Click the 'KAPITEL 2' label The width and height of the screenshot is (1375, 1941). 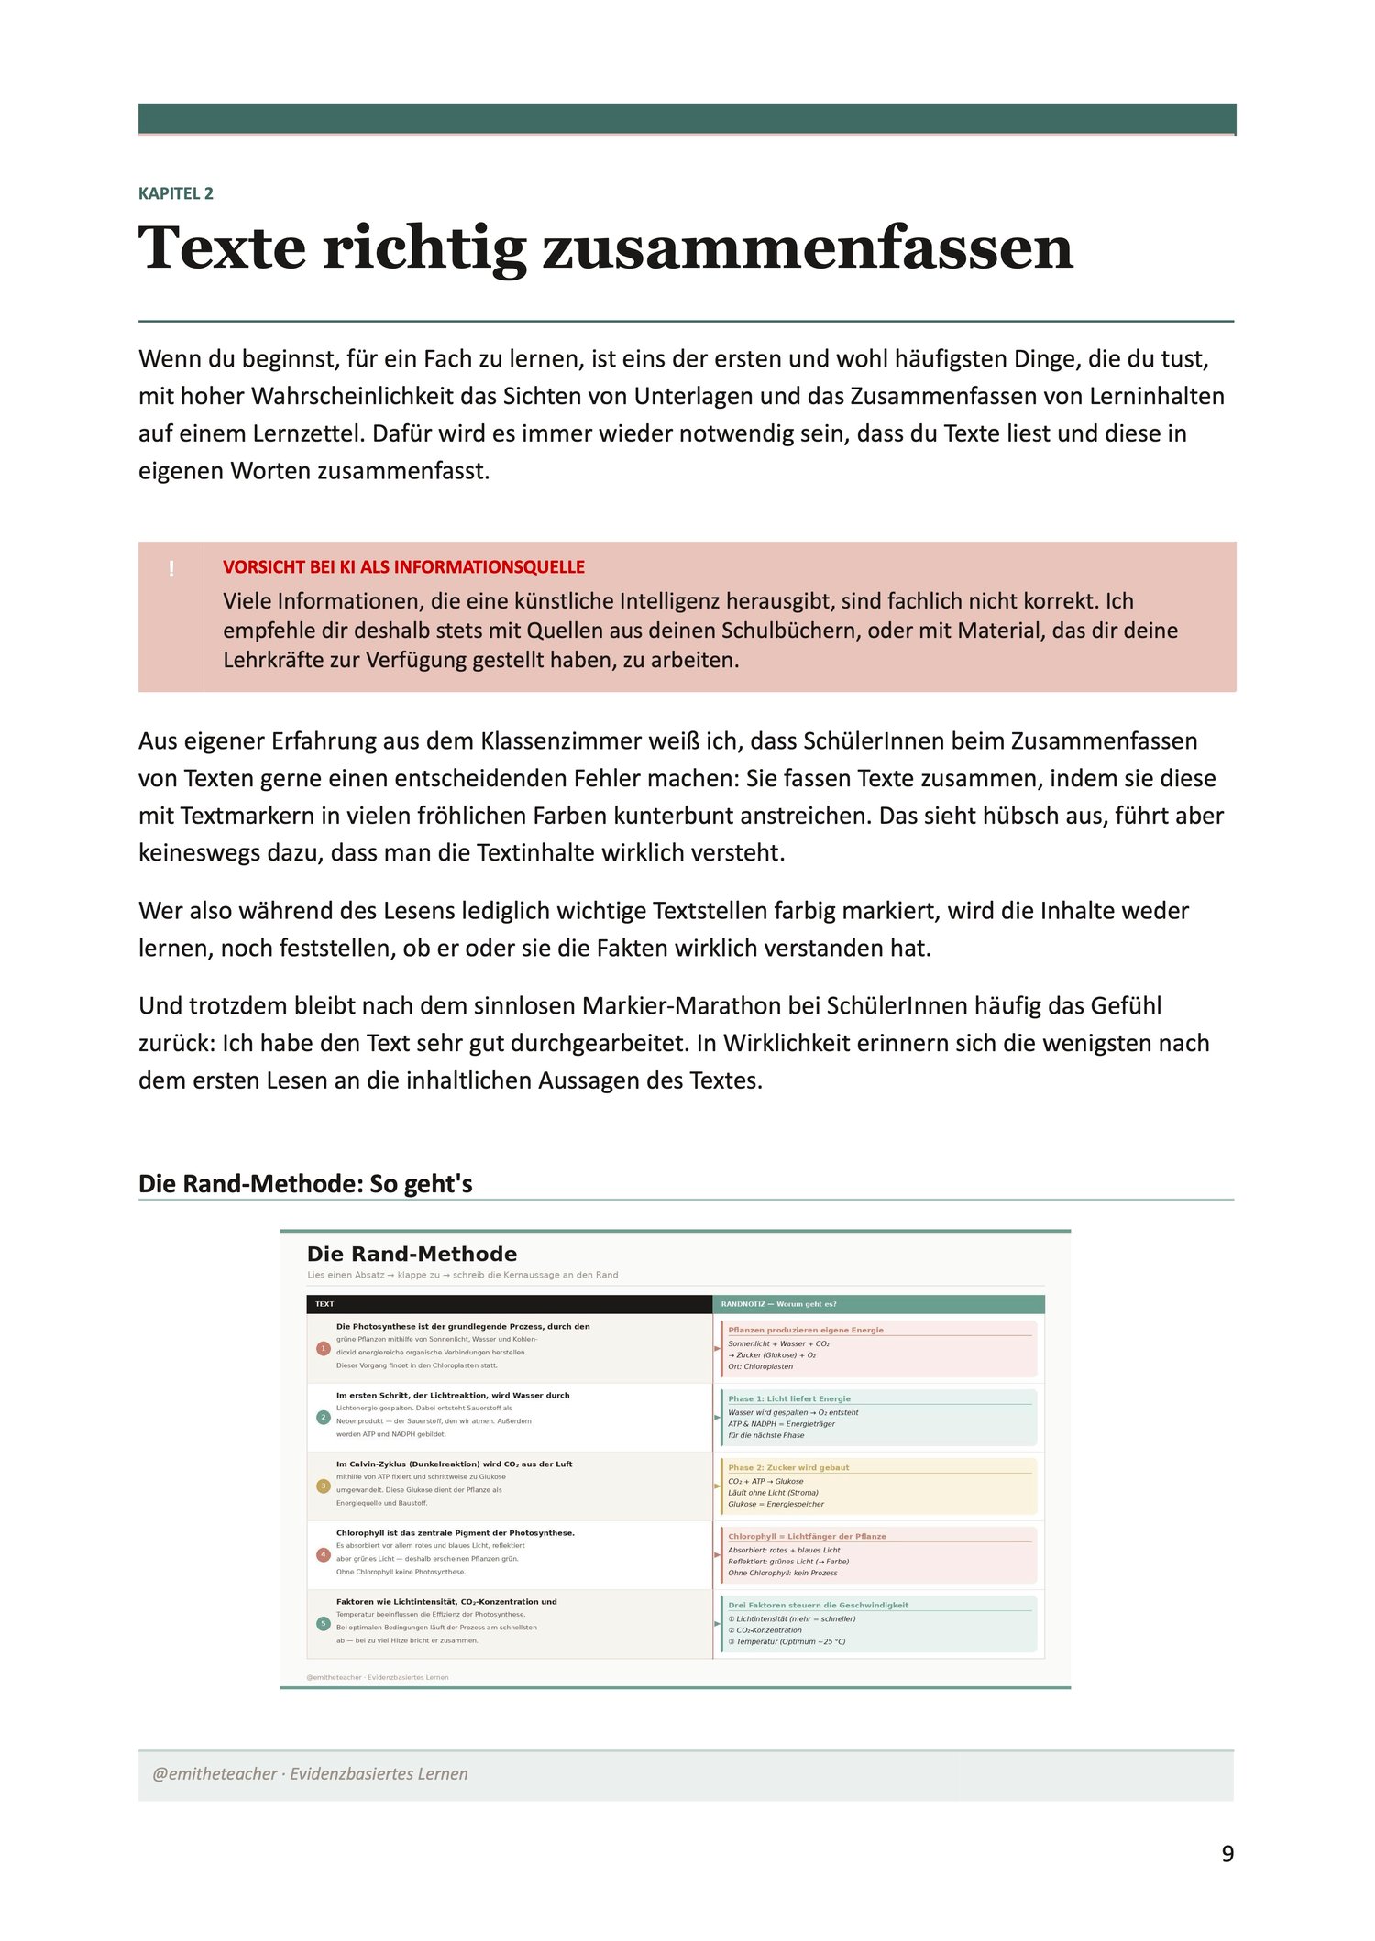pos(176,193)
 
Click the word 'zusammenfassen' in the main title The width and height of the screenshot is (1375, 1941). pos(808,248)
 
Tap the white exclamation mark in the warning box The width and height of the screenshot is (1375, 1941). pos(171,569)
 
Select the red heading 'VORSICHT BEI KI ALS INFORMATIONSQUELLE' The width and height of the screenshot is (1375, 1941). pos(403,567)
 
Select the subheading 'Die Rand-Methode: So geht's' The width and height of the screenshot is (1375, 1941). pos(305,1184)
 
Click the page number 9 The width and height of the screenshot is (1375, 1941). pos(1227,1854)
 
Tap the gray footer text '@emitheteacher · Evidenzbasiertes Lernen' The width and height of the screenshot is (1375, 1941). pos(310,1773)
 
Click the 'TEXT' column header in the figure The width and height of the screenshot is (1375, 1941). pos(324,1304)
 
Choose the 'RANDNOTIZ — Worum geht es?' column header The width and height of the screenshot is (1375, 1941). pos(778,1304)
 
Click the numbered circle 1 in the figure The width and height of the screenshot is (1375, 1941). pos(323,1348)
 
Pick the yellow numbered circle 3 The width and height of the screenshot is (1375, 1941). pos(323,1486)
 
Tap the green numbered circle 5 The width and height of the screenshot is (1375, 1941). pos(323,1623)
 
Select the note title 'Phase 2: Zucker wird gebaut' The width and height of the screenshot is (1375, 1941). pos(788,1467)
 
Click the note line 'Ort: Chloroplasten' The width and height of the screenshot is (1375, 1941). pos(761,1366)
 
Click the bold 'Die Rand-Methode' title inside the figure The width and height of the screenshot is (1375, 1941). pos(412,1254)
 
